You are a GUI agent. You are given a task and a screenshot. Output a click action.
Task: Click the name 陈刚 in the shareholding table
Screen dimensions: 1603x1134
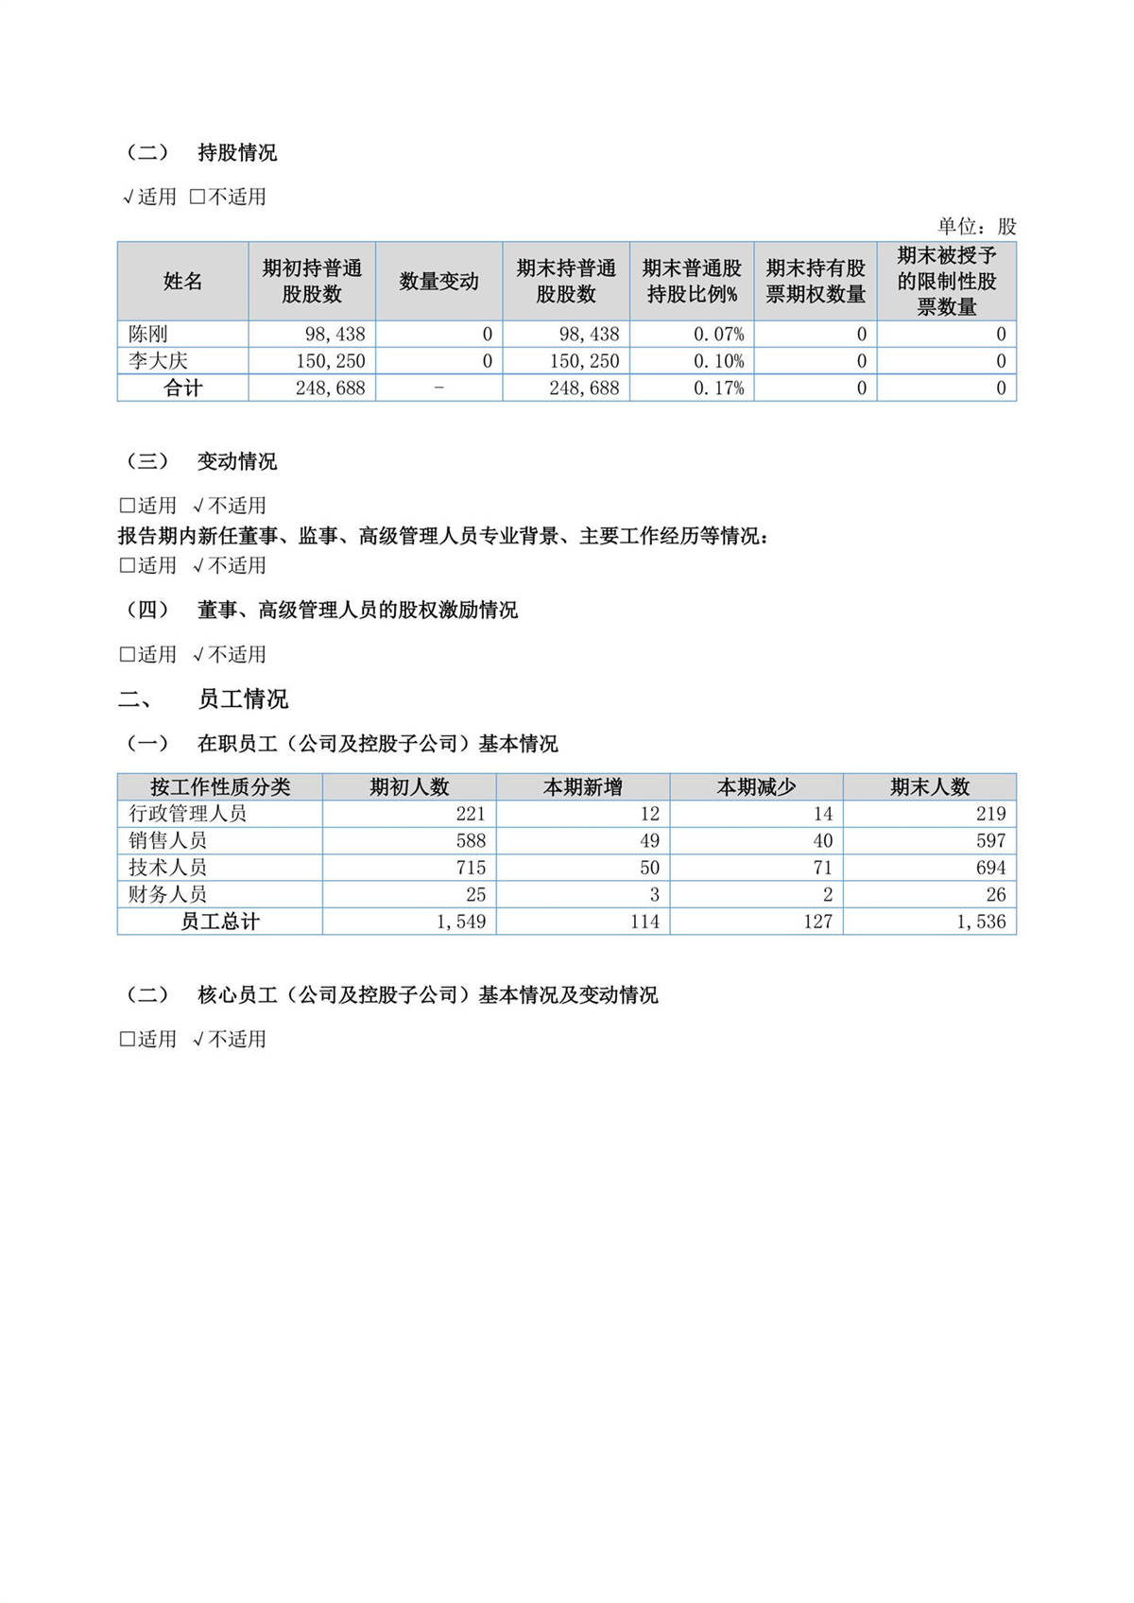(x=148, y=335)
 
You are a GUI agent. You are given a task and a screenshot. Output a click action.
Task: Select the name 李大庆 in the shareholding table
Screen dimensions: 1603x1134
(x=159, y=361)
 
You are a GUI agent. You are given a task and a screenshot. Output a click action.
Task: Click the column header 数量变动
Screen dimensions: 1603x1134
(x=438, y=282)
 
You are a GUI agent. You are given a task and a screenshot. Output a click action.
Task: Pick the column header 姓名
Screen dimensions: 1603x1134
(x=182, y=282)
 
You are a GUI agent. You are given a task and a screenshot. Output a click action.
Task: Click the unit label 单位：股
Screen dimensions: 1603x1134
(x=976, y=227)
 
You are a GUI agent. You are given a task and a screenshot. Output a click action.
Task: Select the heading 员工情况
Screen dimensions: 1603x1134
(x=243, y=699)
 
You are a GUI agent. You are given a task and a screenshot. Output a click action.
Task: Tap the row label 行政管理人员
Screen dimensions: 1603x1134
(x=187, y=814)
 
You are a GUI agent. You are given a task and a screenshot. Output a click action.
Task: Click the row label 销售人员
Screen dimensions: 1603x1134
(x=167, y=840)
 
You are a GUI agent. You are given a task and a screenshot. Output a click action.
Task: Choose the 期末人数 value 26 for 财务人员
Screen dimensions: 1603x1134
(x=995, y=894)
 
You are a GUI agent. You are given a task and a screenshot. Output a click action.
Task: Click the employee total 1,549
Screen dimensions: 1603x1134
(x=461, y=922)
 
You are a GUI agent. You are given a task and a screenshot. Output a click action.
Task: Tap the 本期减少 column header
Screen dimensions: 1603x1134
(x=756, y=787)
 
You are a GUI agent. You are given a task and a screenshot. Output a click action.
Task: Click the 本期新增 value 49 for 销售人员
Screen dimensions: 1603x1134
(x=649, y=840)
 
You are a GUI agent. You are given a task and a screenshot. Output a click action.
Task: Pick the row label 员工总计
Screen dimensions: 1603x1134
(x=219, y=922)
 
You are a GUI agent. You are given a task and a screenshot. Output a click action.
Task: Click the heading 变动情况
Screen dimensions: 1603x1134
(x=237, y=462)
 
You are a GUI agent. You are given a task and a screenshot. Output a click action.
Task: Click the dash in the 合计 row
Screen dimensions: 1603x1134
(x=438, y=388)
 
